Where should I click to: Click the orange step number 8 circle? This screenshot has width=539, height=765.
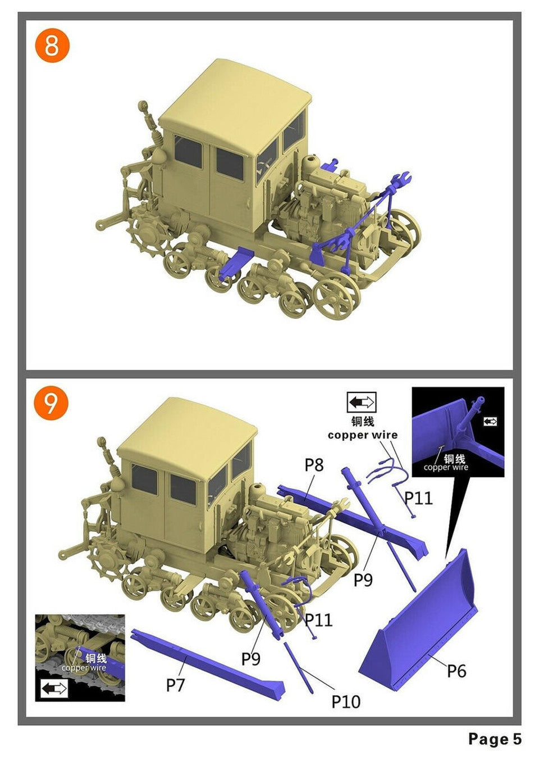(x=52, y=46)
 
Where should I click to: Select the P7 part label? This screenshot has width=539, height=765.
(x=176, y=684)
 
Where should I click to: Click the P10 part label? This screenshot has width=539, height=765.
(x=346, y=702)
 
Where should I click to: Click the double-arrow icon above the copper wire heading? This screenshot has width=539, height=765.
(x=362, y=402)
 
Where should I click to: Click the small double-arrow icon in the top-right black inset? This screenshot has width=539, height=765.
(x=490, y=422)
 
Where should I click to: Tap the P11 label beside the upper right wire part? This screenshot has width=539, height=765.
(x=419, y=498)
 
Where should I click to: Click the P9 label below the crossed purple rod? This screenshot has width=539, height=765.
(x=363, y=580)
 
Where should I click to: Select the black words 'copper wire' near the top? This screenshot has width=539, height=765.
(x=363, y=435)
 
